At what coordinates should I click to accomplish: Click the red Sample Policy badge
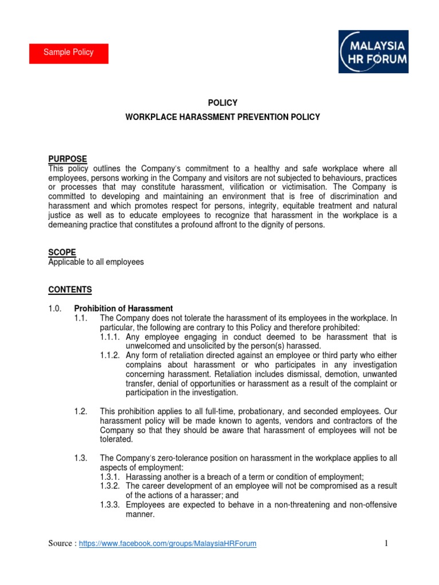click(x=69, y=53)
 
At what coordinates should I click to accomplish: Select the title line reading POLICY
click(x=222, y=103)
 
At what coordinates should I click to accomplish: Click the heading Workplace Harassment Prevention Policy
click(x=222, y=117)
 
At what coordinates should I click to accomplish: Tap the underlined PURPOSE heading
click(x=67, y=159)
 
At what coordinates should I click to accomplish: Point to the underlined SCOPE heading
click(x=61, y=252)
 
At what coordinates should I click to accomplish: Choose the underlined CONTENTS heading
click(x=70, y=290)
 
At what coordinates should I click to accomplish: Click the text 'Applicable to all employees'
click(x=95, y=262)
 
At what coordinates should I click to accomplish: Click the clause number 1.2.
click(x=81, y=411)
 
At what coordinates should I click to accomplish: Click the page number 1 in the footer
click(x=387, y=543)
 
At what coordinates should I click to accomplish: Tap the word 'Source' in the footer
click(x=61, y=544)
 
